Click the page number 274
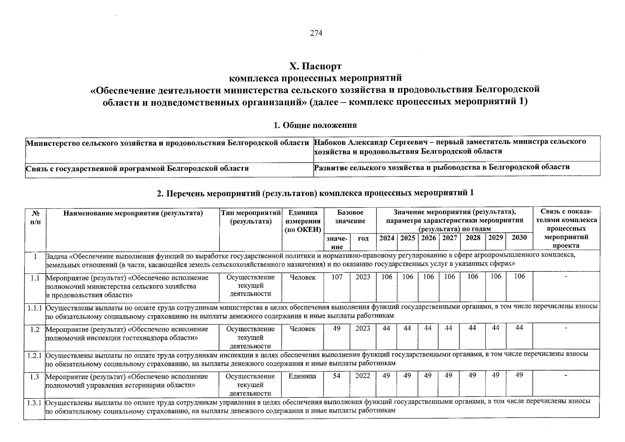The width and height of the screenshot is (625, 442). tap(316, 33)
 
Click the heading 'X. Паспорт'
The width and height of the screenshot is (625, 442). tap(315, 66)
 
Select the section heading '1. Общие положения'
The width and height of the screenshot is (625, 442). tap(315, 125)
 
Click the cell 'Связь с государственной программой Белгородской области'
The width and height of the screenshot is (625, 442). tap(137, 169)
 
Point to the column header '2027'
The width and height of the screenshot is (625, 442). tap(449, 238)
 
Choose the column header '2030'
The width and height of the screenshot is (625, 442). tap(519, 238)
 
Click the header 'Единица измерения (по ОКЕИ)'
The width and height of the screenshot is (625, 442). tap(303, 221)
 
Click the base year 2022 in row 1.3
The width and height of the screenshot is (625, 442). tap(363, 376)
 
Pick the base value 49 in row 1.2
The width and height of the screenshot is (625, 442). tap(337, 329)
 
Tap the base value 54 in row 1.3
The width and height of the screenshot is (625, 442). tap(337, 376)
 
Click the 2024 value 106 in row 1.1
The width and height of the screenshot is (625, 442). tap(387, 277)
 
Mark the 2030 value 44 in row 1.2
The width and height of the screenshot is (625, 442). tap(519, 328)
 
